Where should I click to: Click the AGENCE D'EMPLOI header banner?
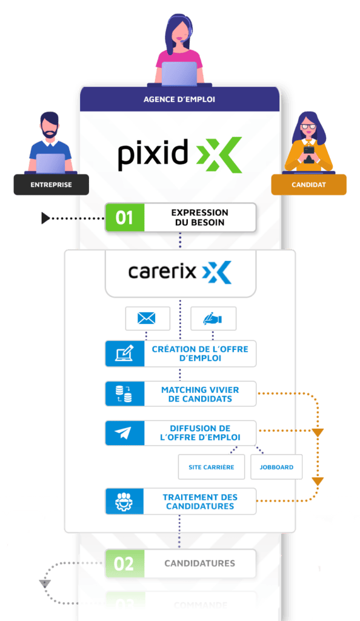[179, 99]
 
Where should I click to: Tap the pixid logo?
[179, 155]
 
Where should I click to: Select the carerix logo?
[179, 272]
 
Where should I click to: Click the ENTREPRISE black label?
[51, 184]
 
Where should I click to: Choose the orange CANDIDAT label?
[308, 184]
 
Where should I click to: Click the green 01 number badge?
[124, 218]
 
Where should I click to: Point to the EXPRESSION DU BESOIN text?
[199, 218]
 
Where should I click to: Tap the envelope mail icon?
[147, 318]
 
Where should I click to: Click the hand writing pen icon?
[213, 318]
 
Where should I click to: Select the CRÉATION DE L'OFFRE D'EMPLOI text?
[199, 354]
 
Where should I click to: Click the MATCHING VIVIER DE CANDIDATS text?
[199, 394]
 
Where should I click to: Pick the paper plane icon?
[124, 433]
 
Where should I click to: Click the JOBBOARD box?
[276, 467]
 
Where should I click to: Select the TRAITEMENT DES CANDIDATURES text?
[199, 502]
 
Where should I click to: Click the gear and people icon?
[124, 502]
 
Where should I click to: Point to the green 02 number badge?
[124, 563]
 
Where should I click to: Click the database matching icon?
[124, 394]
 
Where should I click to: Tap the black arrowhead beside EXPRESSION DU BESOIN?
[45, 217]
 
